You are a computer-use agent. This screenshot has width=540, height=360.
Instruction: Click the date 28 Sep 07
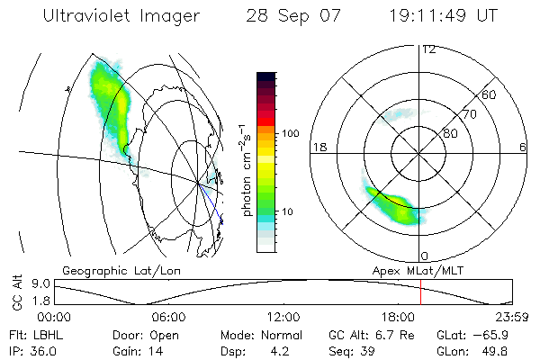coord(289,17)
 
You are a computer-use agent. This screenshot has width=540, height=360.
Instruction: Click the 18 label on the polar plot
coord(318,148)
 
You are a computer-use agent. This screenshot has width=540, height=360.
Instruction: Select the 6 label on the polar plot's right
coord(523,148)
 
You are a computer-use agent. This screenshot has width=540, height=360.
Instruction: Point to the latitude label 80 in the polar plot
coord(451,133)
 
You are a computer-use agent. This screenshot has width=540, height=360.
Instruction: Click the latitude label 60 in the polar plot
coord(490,94)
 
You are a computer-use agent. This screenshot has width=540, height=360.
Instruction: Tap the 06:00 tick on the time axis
coord(168,318)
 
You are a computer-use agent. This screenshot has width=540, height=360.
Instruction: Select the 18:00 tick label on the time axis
coord(398,318)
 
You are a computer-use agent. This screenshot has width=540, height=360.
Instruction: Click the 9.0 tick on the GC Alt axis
coord(35,283)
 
